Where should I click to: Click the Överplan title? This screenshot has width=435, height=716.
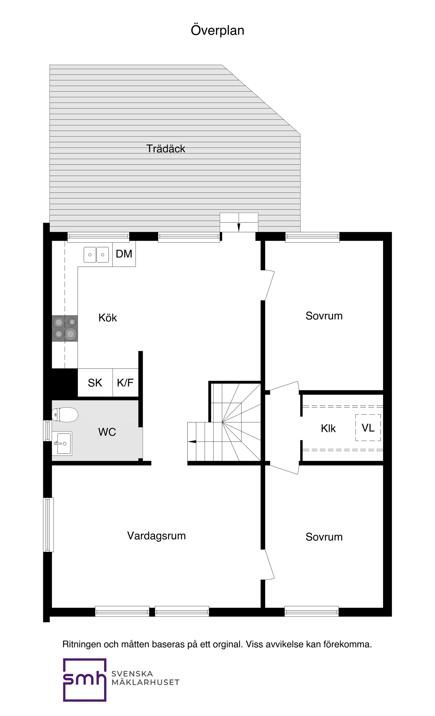coord(217,31)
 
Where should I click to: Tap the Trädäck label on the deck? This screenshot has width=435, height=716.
coord(166,149)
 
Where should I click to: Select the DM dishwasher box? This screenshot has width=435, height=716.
coord(124,254)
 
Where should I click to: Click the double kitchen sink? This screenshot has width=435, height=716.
coord(96,255)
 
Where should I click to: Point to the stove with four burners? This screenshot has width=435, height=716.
coord(65,328)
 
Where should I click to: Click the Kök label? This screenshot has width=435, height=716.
coord(108,318)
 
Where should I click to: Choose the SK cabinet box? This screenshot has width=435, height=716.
coord(95,383)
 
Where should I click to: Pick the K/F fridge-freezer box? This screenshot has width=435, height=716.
coord(125,383)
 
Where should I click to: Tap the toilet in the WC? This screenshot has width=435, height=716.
coord(65,414)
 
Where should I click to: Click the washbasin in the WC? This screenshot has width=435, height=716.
coord(62,443)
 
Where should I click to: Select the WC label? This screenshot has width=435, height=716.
coord(107,432)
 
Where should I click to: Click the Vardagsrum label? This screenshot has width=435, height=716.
coord(156,536)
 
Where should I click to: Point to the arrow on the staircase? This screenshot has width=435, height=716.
coord(192,442)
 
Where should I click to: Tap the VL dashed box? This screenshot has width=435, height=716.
coord(368,428)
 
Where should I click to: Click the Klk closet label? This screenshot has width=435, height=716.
coord(328,428)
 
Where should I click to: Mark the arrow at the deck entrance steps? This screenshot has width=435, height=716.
coord(239,227)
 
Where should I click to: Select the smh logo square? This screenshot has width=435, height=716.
coord(85,680)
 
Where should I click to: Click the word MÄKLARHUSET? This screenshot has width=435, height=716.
coord(145,682)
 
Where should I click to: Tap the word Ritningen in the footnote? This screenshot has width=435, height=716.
coord(82,644)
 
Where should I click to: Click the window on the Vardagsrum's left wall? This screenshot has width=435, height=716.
coord(48,525)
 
